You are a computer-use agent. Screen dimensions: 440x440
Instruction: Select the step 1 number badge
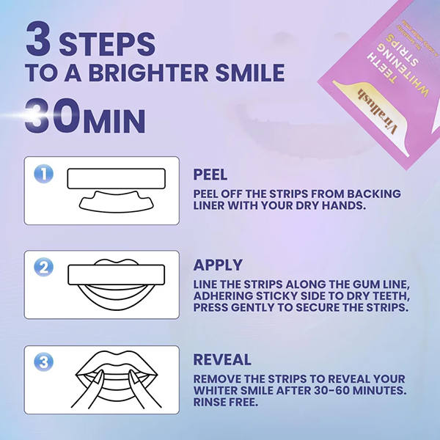click(44, 174)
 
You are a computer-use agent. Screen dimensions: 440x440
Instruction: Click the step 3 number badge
click(44, 362)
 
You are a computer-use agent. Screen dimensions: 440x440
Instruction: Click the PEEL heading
click(211, 175)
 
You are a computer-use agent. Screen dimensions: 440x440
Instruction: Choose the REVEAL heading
click(221, 359)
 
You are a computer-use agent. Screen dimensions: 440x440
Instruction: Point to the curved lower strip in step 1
click(117, 201)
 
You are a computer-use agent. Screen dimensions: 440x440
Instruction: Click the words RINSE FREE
click(228, 403)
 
